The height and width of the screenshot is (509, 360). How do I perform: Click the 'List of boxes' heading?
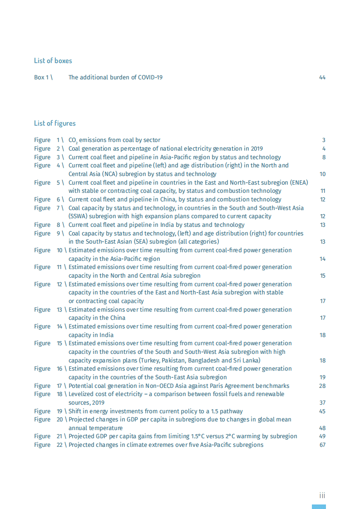point(53,60)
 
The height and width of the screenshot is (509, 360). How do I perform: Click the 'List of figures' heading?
point(54,123)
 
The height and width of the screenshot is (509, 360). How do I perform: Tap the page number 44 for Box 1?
point(322,78)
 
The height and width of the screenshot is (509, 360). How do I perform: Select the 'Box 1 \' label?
point(43,78)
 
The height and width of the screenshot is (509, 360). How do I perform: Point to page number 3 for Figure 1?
point(324,140)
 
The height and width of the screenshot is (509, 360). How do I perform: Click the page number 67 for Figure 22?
point(322,445)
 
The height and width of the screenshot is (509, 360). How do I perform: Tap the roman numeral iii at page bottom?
point(321,495)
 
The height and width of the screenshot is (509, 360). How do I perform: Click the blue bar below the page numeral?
point(319,506)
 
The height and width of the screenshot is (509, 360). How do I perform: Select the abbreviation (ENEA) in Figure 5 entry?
point(297,183)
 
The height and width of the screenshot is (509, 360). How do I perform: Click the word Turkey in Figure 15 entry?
point(150,361)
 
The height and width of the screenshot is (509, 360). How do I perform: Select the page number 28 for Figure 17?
point(322,386)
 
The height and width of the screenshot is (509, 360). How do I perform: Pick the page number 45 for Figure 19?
point(322,411)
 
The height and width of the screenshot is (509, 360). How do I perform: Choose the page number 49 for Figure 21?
point(322,436)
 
